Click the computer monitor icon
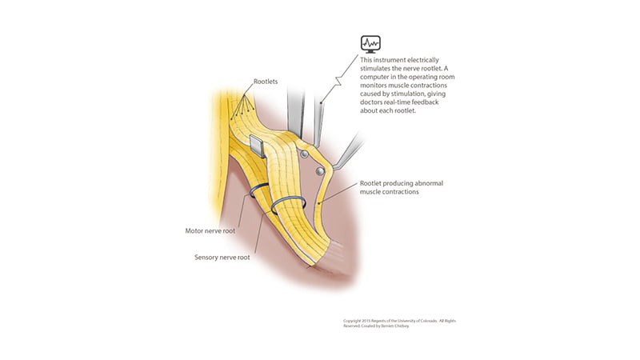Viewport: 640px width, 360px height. tap(370, 44)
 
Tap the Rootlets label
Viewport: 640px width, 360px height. tap(266, 82)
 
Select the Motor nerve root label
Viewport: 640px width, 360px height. tap(210, 231)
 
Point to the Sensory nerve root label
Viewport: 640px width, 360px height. tap(222, 258)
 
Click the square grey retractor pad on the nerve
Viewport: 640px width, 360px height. tap(257, 146)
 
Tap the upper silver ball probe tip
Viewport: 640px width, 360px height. tap(304, 154)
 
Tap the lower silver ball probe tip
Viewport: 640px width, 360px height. tap(320, 171)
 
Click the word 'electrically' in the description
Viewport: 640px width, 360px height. tap(423, 60)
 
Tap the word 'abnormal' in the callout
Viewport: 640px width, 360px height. tap(429, 183)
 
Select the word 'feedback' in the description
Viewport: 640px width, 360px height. tap(425, 102)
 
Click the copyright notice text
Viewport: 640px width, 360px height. tap(399, 323)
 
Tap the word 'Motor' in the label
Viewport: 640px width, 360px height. tap(194, 231)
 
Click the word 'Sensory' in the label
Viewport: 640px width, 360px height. tap(206, 258)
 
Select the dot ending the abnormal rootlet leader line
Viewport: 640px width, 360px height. tap(318, 202)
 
